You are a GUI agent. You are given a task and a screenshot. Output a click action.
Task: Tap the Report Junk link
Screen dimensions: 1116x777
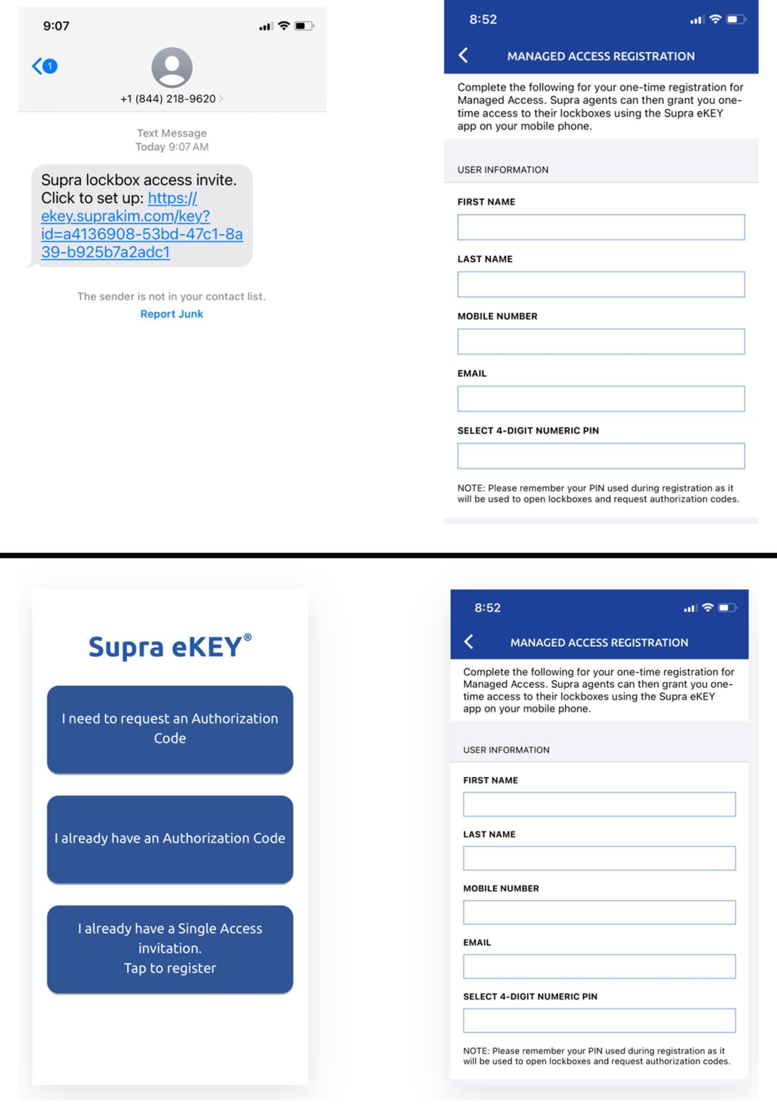(x=172, y=314)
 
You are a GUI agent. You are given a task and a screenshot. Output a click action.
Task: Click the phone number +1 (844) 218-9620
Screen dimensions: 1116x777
(x=168, y=99)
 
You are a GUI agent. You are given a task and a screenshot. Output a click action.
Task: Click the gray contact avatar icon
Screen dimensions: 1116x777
(x=172, y=67)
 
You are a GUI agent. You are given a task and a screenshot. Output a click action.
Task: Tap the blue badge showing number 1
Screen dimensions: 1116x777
(x=50, y=66)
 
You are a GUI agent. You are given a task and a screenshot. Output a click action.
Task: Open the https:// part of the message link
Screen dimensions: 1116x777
(x=172, y=198)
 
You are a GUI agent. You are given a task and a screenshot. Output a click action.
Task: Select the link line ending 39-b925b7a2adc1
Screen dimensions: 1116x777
(x=105, y=252)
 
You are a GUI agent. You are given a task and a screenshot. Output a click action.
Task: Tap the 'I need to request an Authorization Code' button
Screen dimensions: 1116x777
(x=170, y=729)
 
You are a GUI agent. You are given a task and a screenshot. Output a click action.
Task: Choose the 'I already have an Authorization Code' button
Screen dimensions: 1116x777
(x=170, y=838)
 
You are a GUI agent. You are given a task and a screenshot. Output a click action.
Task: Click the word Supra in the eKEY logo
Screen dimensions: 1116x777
(x=126, y=647)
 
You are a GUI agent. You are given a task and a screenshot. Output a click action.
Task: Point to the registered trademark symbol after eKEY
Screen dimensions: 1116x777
(x=248, y=637)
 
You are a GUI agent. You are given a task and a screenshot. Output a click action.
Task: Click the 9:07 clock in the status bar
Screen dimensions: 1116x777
(x=56, y=26)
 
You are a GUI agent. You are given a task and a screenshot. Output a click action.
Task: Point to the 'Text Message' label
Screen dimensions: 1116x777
(x=172, y=133)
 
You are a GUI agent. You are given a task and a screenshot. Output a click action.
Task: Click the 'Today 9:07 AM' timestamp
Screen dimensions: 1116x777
(x=172, y=147)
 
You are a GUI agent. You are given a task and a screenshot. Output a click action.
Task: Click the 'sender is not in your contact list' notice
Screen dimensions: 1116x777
(x=171, y=296)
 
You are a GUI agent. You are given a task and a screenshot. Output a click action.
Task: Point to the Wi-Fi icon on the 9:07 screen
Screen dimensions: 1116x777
(x=284, y=26)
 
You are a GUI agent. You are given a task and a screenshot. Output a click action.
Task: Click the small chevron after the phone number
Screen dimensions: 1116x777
(x=221, y=99)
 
